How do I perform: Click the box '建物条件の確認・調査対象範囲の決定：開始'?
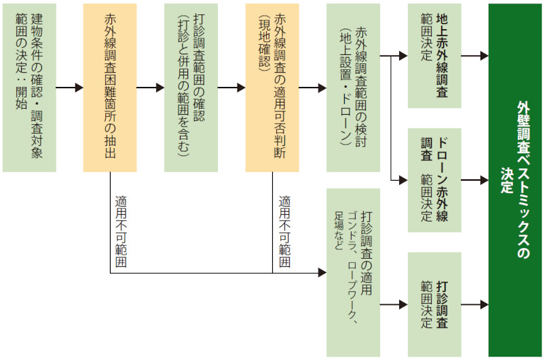tap(29, 88)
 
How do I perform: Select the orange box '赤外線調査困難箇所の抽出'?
tap(109, 88)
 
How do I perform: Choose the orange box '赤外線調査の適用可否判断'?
tap(271, 88)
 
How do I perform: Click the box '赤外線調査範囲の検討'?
tap(353, 88)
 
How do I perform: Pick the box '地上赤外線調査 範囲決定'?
tap(434, 56)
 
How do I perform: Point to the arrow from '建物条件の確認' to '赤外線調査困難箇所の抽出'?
tap(69, 88)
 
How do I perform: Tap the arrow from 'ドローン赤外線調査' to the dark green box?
tap(474, 181)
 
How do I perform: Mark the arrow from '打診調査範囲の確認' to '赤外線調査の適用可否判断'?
tap(231, 88)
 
